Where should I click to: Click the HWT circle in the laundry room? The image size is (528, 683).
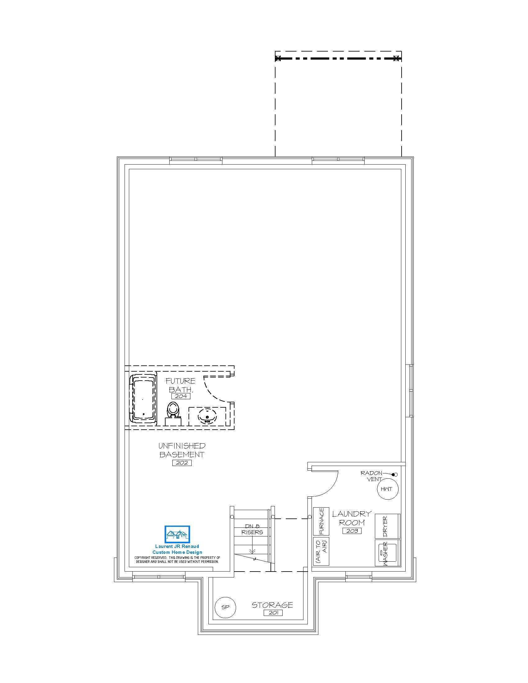[x=388, y=489]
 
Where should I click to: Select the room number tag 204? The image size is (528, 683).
[x=181, y=396]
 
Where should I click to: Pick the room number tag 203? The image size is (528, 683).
[x=352, y=531]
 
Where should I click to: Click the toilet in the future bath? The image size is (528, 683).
[x=173, y=414]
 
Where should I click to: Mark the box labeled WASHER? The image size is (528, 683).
[x=388, y=553]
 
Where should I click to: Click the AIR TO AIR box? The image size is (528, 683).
[x=321, y=551]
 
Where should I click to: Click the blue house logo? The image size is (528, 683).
[x=177, y=534]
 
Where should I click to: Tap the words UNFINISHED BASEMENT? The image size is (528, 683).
[x=182, y=450]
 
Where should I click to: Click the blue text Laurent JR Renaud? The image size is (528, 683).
[x=177, y=546]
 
